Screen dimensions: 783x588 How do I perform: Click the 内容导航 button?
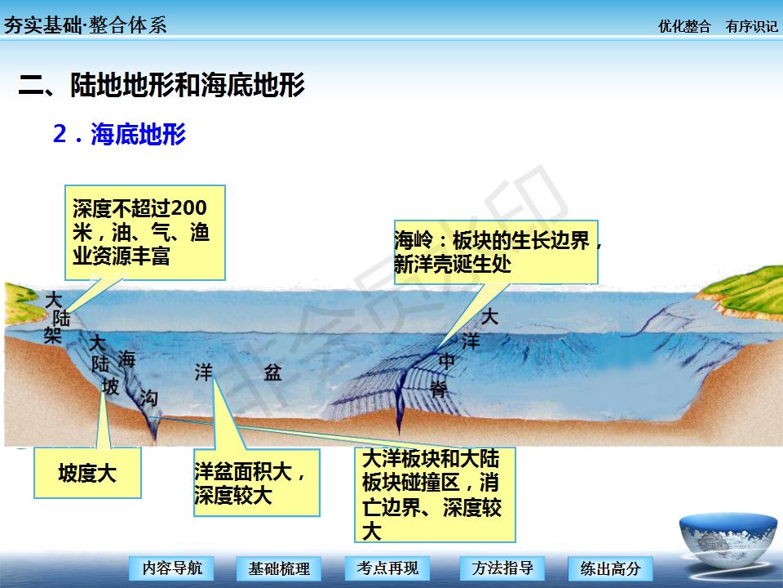click(x=171, y=568)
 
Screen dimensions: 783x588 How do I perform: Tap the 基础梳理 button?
click(x=279, y=568)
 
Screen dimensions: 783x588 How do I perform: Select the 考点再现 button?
click(x=387, y=568)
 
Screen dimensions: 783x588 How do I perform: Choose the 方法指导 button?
click(x=502, y=568)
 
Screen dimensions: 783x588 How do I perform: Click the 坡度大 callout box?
click(x=87, y=473)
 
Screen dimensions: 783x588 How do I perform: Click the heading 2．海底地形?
click(x=119, y=134)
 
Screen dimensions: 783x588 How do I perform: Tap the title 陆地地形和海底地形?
click(x=188, y=84)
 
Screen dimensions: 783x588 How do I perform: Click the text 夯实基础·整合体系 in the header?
click(x=85, y=25)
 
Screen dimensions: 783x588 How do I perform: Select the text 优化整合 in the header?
click(x=684, y=26)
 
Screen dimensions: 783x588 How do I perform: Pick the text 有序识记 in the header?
click(x=751, y=26)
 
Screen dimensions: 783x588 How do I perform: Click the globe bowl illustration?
click(x=728, y=541)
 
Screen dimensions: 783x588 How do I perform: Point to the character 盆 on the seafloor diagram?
click(x=272, y=372)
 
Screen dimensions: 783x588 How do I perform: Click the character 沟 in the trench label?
click(x=148, y=398)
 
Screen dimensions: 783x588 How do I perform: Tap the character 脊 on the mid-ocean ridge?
click(x=439, y=389)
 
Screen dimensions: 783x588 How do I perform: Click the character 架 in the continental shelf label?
click(x=52, y=335)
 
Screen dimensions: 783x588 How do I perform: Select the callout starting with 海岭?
click(x=497, y=252)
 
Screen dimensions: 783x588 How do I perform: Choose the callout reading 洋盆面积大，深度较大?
click(x=257, y=483)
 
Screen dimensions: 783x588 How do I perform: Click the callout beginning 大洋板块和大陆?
click(x=435, y=495)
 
